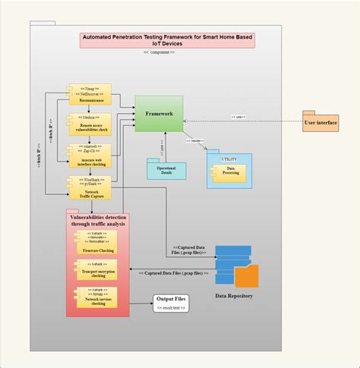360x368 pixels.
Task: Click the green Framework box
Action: point(159,114)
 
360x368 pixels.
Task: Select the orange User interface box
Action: point(321,121)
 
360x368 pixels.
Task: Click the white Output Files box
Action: point(170,304)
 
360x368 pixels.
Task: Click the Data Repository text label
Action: point(235,295)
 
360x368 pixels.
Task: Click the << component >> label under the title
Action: point(159,52)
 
